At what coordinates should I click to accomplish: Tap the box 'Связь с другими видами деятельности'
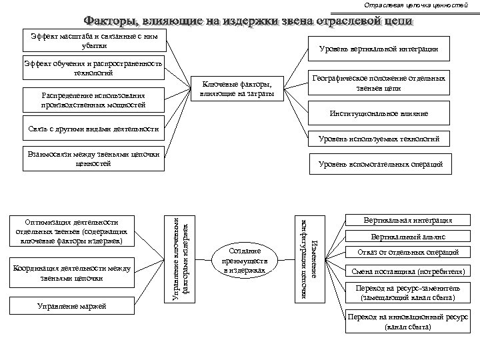[94, 128]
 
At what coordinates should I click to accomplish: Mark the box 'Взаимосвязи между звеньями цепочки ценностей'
[94, 158]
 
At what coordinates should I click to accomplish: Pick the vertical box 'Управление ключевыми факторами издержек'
[179, 257]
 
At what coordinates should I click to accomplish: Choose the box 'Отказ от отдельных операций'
[408, 253]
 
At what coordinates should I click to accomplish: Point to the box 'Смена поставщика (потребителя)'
[408, 272]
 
